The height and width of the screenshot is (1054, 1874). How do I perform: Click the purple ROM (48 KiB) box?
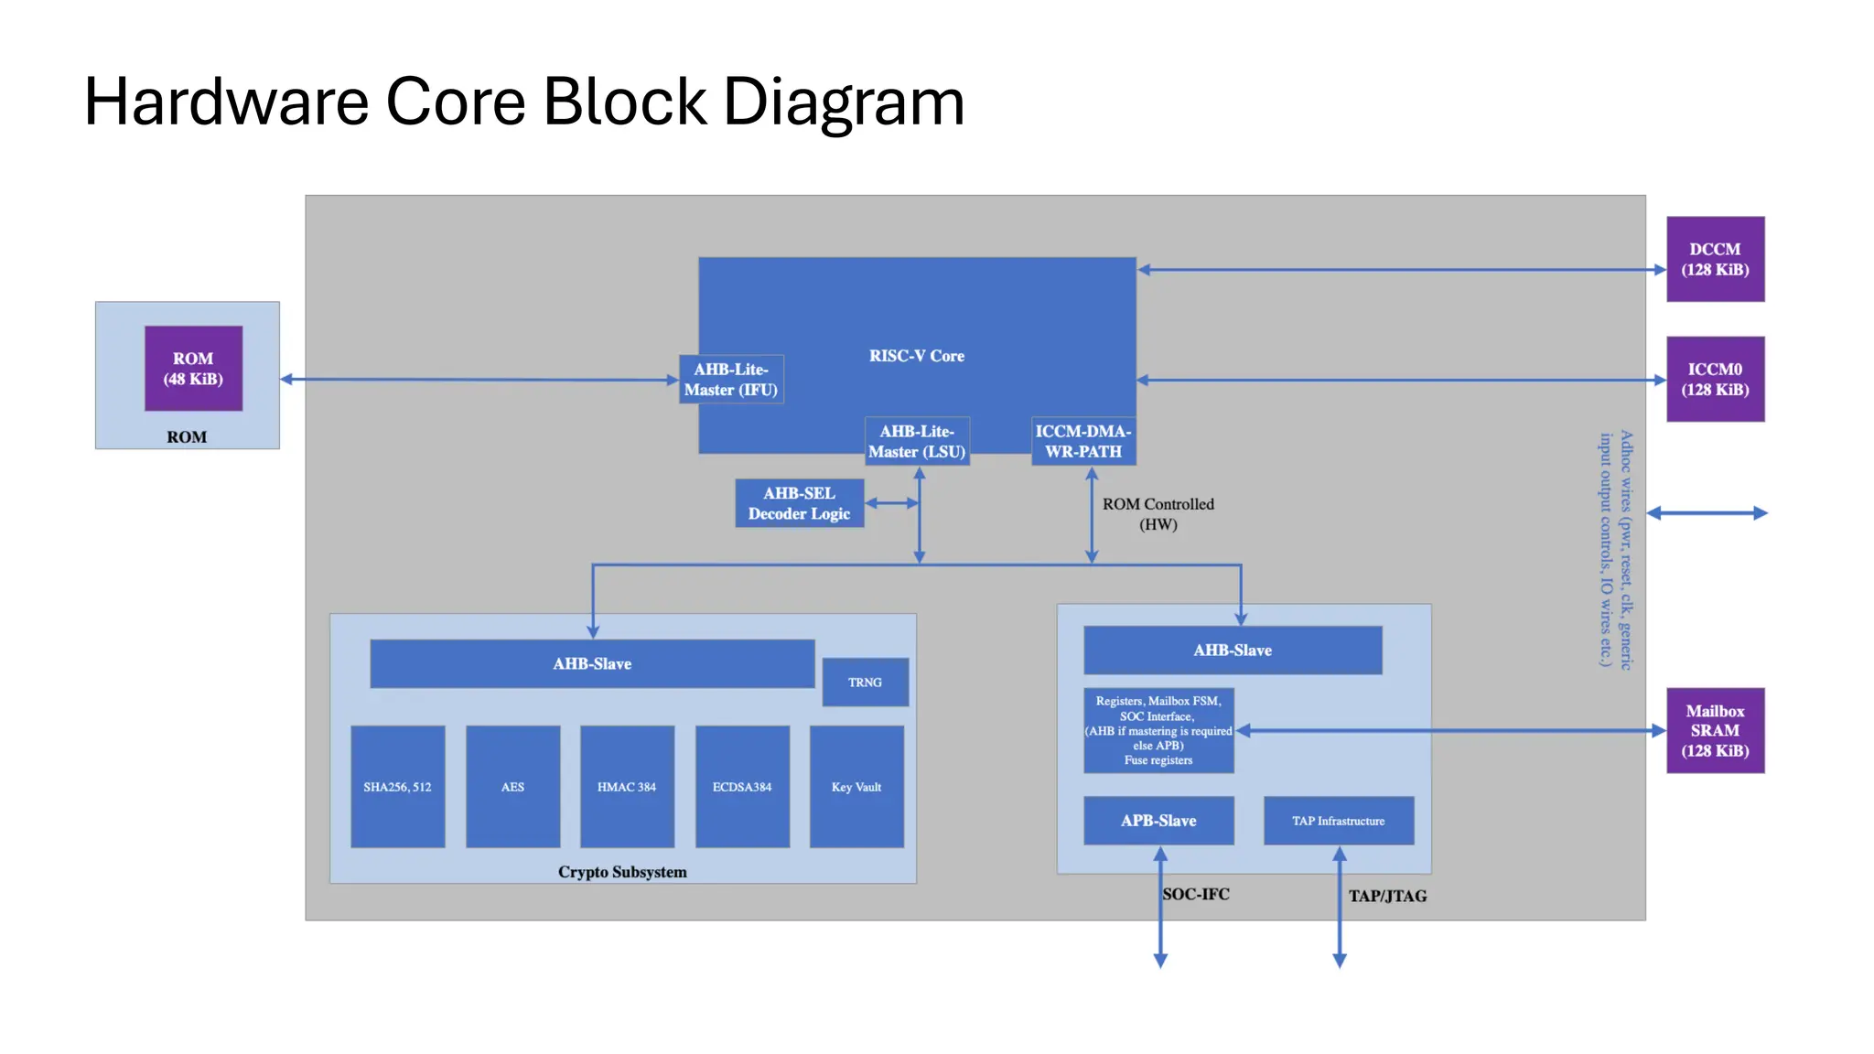point(193,369)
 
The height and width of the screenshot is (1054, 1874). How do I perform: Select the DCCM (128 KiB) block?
point(1715,259)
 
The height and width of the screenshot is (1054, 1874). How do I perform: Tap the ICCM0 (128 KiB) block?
point(1715,379)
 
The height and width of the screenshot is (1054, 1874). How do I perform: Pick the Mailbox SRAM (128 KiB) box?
point(1715,730)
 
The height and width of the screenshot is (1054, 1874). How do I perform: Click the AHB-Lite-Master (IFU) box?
point(731,380)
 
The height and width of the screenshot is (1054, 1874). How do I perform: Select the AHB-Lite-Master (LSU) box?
point(917,441)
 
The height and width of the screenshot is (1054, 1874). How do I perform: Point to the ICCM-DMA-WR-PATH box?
point(1083,441)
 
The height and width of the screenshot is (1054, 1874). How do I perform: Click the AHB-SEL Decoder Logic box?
point(799,503)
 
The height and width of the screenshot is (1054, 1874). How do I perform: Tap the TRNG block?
point(865,683)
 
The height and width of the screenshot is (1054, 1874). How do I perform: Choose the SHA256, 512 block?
point(397,787)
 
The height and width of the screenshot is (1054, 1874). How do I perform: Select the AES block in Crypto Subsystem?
point(512,787)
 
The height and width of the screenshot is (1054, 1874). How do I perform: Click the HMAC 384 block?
point(627,787)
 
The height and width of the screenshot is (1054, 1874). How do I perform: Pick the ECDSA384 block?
point(742,787)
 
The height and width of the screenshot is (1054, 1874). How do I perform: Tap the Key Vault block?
point(856,787)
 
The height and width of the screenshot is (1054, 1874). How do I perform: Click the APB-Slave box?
point(1158,821)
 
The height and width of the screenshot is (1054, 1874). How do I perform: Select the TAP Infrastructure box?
point(1338,821)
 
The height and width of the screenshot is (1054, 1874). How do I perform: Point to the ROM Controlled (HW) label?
point(1158,514)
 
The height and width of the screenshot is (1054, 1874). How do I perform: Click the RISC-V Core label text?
point(916,356)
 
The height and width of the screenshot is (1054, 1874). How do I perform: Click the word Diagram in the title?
point(844,102)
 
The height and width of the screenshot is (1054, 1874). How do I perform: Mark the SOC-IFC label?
point(1196,894)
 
